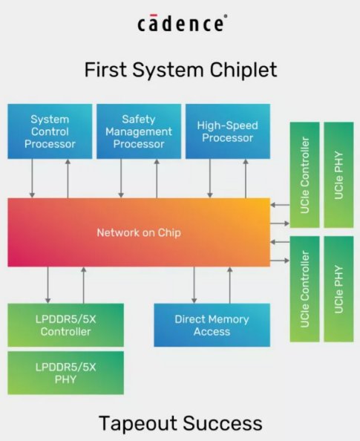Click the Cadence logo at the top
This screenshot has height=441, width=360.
pos(180,24)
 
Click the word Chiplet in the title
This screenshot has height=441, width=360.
pos(239,70)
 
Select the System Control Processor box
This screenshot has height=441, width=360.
pos(50,131)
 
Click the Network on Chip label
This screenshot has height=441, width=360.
pos(139,232)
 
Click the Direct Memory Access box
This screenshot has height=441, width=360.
pos(200,325)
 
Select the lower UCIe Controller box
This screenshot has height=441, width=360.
pos(304,287)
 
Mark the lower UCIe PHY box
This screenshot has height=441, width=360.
pos(338,287)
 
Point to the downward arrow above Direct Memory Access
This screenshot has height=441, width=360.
pos(194,285)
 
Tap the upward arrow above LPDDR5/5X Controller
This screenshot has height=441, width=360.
pos(83,285)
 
